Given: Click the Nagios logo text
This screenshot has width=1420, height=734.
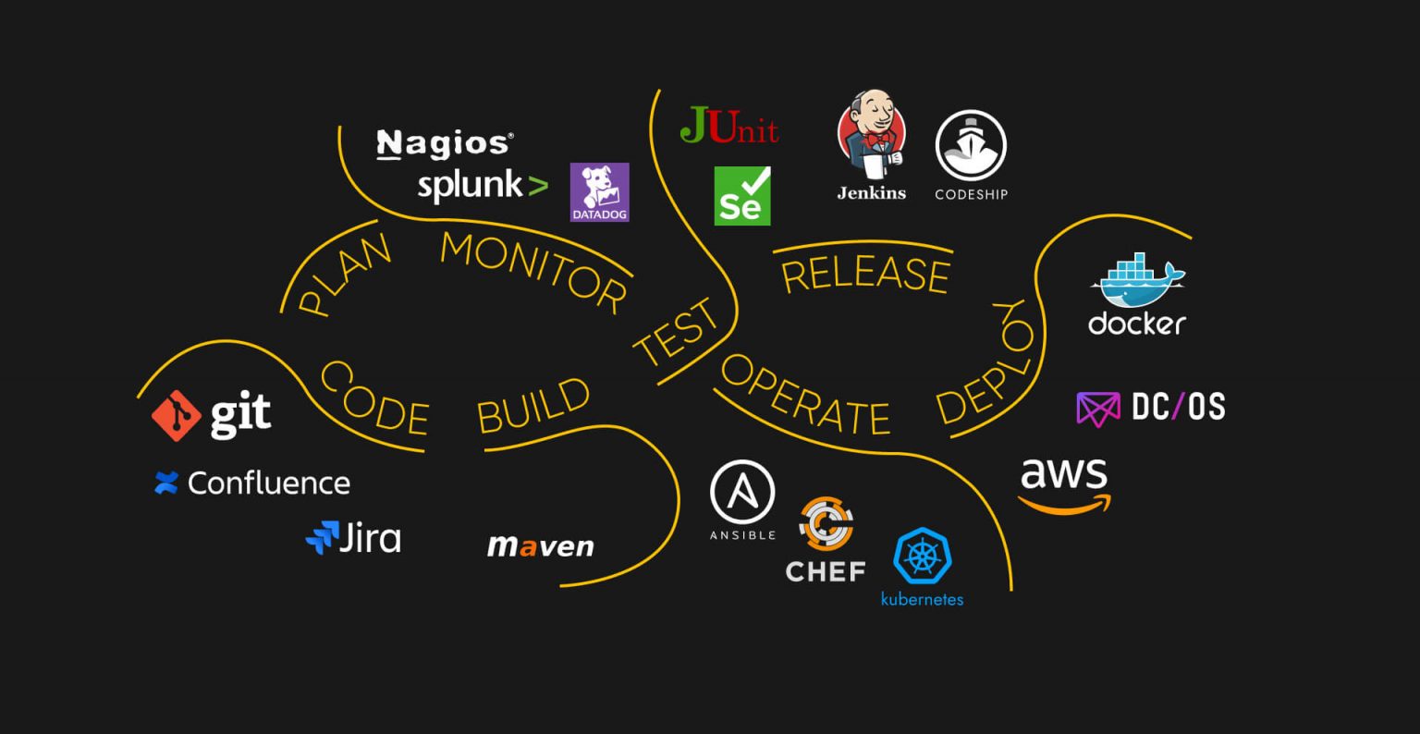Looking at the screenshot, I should click(445, 144).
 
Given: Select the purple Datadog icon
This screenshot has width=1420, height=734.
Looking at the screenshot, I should click(599, 192).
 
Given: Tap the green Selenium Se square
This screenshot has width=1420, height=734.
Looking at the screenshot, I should click(741, 196).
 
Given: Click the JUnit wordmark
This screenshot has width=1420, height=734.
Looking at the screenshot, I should click(729, 126).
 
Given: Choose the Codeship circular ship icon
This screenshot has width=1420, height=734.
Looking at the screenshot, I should click(971, 145).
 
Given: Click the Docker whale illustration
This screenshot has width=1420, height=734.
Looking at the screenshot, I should click(1137, 281).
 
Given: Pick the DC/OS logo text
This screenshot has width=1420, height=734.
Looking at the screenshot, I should click(1178, 407).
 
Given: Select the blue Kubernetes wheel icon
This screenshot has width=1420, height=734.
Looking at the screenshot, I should click(922, 557).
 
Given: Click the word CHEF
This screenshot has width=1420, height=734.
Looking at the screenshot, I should click(826, 571).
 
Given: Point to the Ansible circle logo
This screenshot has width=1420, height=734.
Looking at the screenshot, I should click(742, 493).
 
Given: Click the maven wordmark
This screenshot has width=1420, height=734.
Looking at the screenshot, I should click(541, 545).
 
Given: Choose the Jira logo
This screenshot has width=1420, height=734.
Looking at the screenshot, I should click(353, 538).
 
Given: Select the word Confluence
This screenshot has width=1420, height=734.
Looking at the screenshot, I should click(269, 483).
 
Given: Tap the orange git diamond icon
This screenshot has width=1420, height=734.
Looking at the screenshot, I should click(177, 415).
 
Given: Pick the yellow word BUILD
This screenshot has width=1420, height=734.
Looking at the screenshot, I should click(533, 406).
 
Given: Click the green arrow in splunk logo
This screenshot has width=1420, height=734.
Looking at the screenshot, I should click(535, 187).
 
